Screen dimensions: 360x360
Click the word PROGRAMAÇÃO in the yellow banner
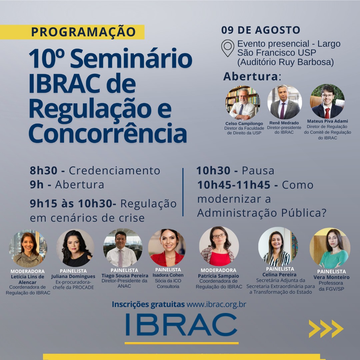click(x=83, y=32)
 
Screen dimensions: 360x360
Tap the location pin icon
click(x=228, y=48)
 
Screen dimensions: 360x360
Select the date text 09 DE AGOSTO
click(x=261, y=30)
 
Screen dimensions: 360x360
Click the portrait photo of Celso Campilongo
click(x=243, y=103)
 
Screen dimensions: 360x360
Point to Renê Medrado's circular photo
click(x=284, y=102)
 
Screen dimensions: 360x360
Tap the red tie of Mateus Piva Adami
click(x=327, y=113)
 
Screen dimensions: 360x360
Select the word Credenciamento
click(x=115, y=171)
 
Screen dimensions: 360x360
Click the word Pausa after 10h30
click(x=258, y=171)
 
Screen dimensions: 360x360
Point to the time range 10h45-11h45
click(x=234, y=185)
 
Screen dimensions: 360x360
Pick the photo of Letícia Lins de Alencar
click(x=28, y=248)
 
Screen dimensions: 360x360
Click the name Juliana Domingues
click(x=73, y=276)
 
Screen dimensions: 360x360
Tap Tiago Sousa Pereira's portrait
click(x=122, y=247)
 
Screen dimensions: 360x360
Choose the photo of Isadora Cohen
click(x=167, y=247)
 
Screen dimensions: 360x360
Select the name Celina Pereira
click(x=279, y=275)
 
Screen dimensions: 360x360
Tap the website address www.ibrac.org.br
click(x=216, y=304)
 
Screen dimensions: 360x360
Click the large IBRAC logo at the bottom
click(x=181, y=324)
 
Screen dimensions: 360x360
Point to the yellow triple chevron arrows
click(x=326, y=329)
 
